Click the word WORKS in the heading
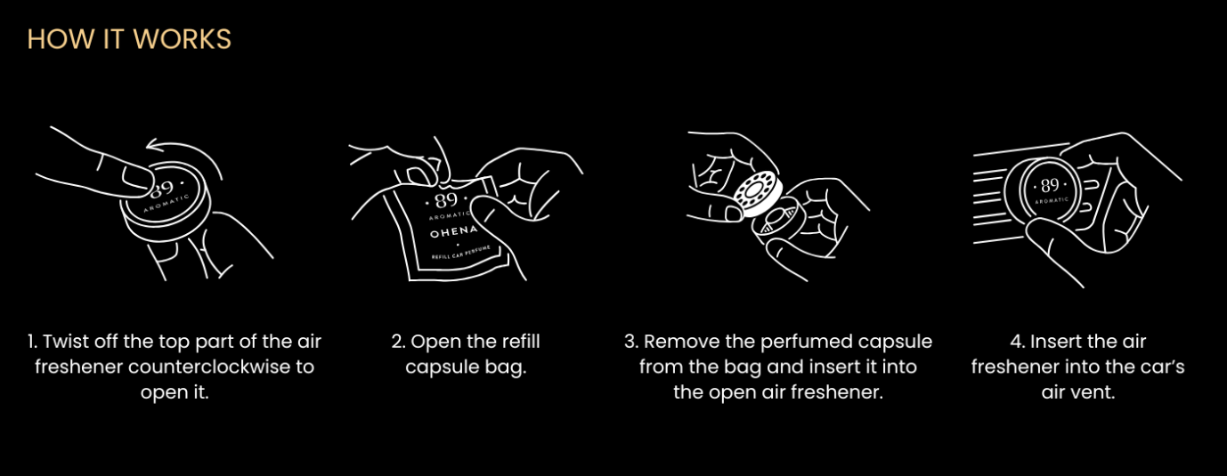coord(183,39)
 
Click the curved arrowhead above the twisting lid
coord(153,144)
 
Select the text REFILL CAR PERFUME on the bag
coord(460,254)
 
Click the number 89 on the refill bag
coord(446,201)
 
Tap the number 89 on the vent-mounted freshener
coord(1050,186)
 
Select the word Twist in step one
coord(66,342)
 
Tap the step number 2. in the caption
coord(398,342)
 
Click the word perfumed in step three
coord(789,343)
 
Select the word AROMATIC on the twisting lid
coord(167,204)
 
